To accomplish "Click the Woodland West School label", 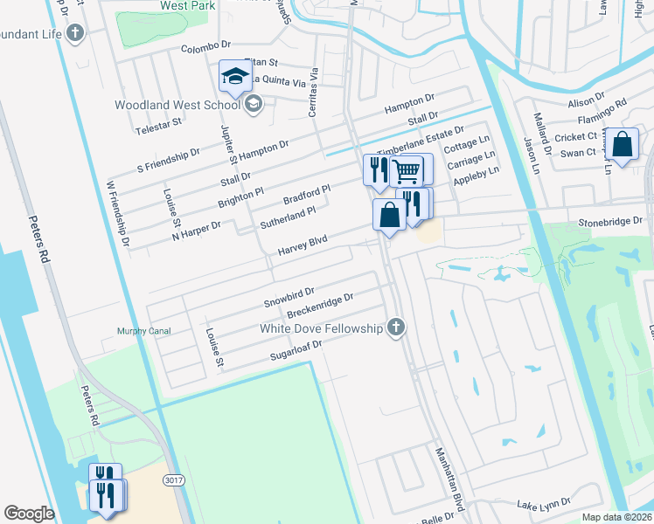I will tap(177, 106).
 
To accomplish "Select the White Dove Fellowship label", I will tap(322, 328).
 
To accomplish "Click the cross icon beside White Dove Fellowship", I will tap(396, 327).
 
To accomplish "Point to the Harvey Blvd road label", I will tap(302, 245).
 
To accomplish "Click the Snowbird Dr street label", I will tap(289, 296).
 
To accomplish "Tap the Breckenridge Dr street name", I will tap(319, 305).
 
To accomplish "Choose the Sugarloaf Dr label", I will tap(296, 351).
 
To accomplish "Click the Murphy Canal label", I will tap(144, 331).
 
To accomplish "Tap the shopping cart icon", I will tap(406, 169).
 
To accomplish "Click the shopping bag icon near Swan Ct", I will tap(624, 146).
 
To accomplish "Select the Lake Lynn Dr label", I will tap(543, 503).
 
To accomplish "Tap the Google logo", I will tap(30, 514).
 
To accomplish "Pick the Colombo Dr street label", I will tap(205, 50).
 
